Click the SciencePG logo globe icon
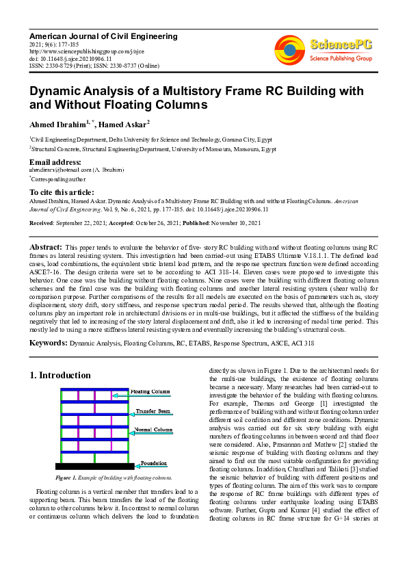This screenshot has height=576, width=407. click(290, 49)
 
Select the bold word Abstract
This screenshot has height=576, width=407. click(46, 246)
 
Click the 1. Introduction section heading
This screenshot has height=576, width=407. click(61, 376)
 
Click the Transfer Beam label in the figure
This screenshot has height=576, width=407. click(152, 411)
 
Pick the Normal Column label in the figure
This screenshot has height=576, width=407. click(152, 429)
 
